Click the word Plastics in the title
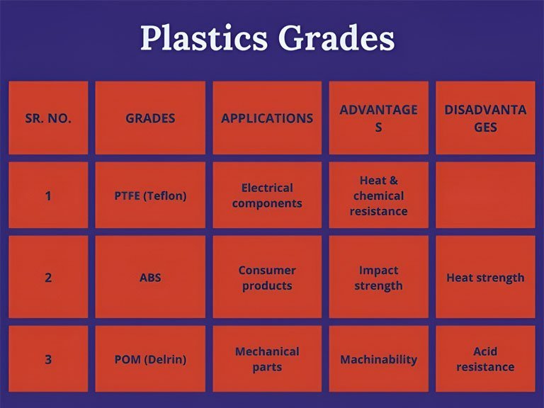tap(204, 38)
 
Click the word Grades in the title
tap(336, 38)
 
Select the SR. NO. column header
tap(48, 118)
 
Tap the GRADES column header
tap(150, 118)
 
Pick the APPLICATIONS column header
tap(267, 118)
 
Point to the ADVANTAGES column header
tap(378, 118)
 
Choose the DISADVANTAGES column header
tap(485, 118)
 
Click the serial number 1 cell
tap(48, 195)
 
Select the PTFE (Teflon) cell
tap(150, 195)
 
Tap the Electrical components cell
tap(267, 195)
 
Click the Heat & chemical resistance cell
tap(378, 195)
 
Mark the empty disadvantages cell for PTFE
tap(485, 195)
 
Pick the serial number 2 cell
tap(48, 277)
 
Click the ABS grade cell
tap(150, 277)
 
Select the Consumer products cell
tap(267, 277)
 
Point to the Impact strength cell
tap(378, 277)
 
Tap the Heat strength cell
tap(485, 277)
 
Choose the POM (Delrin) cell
tap(150, 358)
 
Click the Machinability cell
tap(378, 358)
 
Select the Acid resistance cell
tap(485, 358)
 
